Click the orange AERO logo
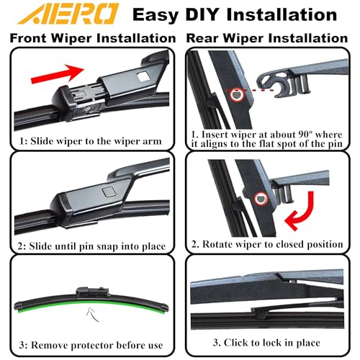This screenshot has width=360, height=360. (68, 14)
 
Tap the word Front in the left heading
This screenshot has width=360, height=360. (28, 38)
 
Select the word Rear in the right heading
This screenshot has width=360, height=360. (202, 38)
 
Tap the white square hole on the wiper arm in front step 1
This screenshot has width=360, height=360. (143, 76)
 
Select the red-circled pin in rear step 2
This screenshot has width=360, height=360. (261, 199)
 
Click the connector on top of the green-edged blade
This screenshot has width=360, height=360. (93, 292)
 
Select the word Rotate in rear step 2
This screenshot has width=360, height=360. (217, 244)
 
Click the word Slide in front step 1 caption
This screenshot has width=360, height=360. (42, 141)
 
